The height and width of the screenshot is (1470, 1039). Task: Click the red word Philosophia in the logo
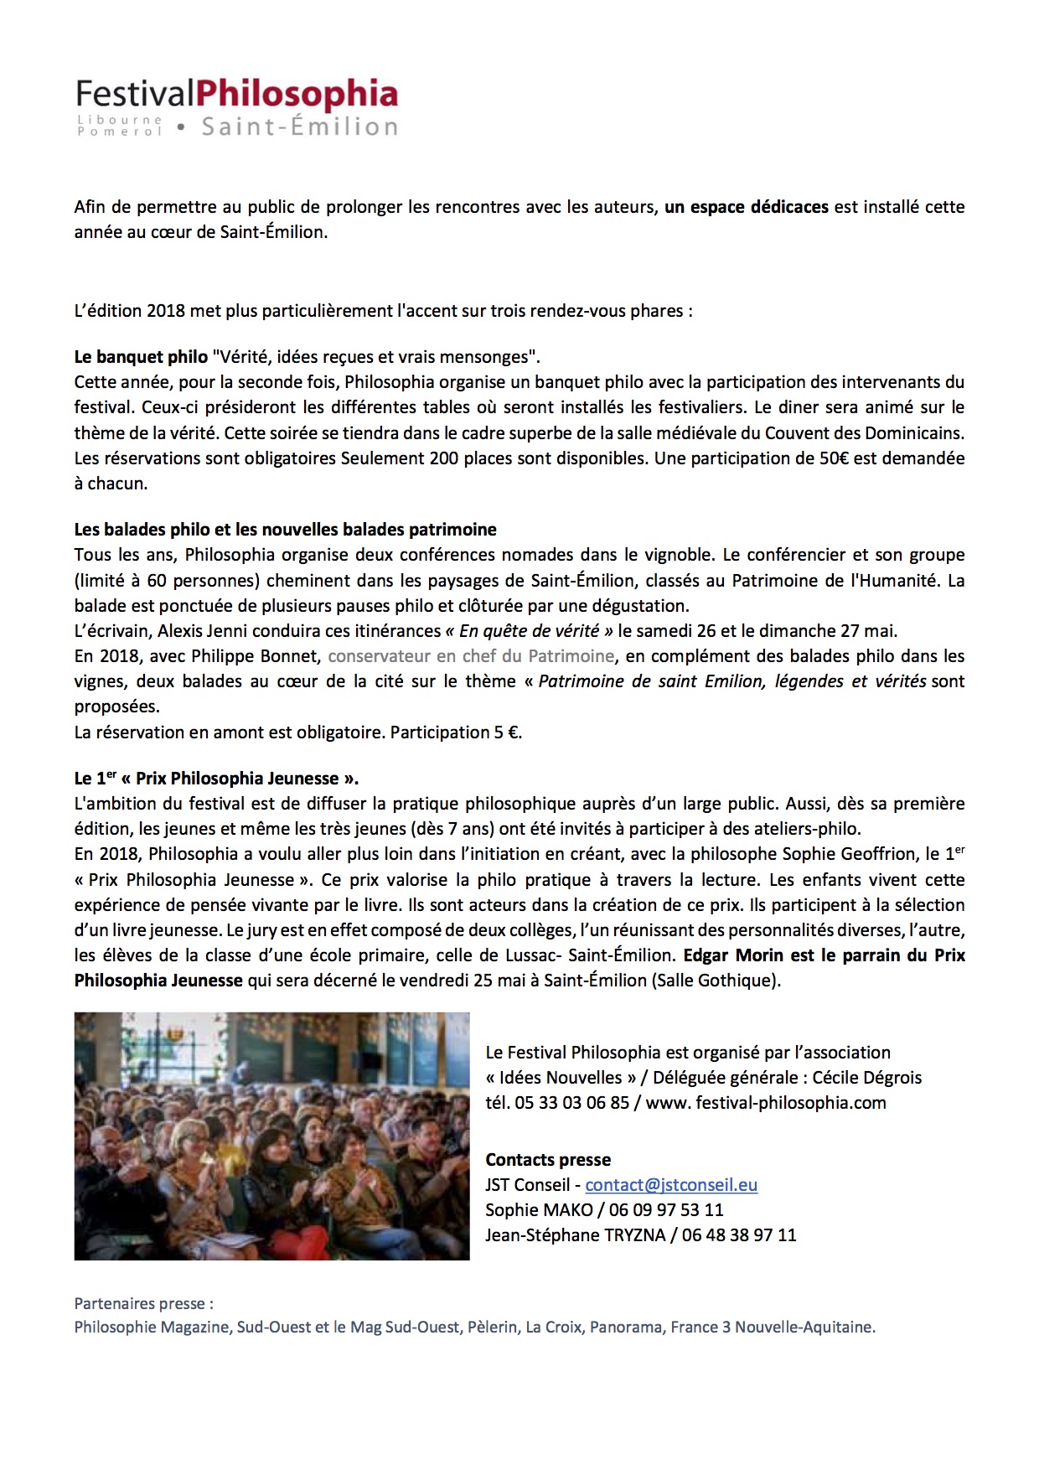pyautogui.click(x=297, y=94)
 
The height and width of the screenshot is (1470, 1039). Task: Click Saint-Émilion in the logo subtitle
pyautogui.click(x=299, y=127)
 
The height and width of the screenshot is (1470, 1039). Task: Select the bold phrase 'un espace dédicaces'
pyautogui.click(x=746, y=207)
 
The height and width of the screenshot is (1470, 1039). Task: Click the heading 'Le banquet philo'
pyautogui.click(x=141, y=357)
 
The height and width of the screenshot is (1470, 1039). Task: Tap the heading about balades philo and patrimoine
pyautogui.click(x=285, y=530)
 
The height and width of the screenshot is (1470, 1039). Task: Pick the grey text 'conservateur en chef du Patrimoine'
pyautogui.click(x=471, y=656)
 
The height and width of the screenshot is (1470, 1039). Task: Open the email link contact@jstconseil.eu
pyautogui.click(x=671, y=1185)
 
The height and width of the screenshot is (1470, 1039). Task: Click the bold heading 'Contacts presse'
pyautogui.click(x=548, y=1160)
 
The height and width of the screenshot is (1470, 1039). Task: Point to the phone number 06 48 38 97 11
pyautogui.click(x=739, y=1235)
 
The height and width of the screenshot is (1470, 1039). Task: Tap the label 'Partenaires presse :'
pyautogui.click(x=143, y=1304)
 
